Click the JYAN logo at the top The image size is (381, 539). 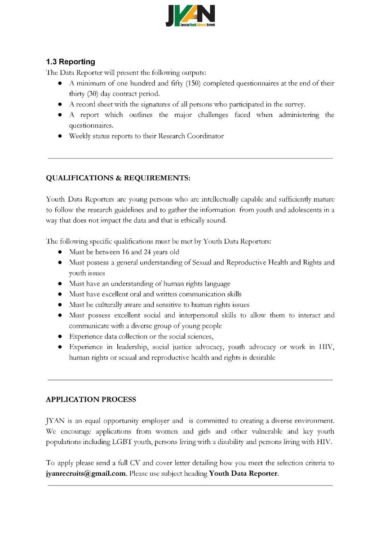[x=190, y=17]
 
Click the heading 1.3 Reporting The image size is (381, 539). [x=71, y=62]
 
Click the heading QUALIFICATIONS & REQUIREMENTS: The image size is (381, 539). [x=118, y=178]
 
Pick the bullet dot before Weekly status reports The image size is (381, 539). [x=60, y=136]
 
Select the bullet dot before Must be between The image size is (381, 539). [x=60, y=252]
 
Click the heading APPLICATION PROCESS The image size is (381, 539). [x=91, y=399]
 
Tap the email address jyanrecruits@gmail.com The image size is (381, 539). [x=86, y=473]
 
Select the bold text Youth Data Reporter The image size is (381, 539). [x=244, y=473]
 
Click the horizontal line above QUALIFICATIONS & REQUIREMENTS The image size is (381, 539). [x=190, y=158]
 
